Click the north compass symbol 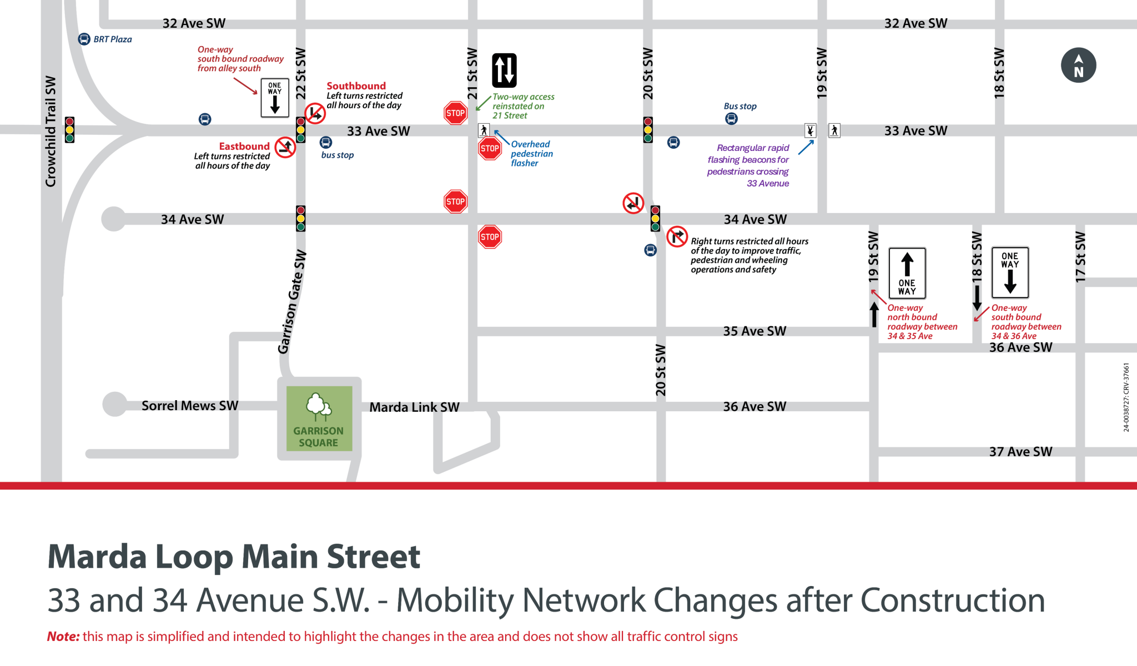point(1078,65)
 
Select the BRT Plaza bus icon point(84,39)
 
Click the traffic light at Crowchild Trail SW point(69,130)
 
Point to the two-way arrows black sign point(504,70)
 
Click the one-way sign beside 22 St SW point(275,98)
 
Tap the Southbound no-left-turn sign point(315,113)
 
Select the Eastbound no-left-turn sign point(285,148)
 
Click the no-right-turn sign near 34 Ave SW point(677,236)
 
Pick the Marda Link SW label point(414,407)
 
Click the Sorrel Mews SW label point(189,406)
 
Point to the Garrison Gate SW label point(291,301)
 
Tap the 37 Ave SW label point(1020,452)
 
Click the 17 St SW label point(1080,257)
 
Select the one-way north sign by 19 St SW point(907,274)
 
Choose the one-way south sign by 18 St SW point(1010,273)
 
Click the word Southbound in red point(356,86)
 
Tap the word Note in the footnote point(63,637)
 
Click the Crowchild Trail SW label point(51,132)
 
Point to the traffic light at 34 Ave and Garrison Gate point(300,219)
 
